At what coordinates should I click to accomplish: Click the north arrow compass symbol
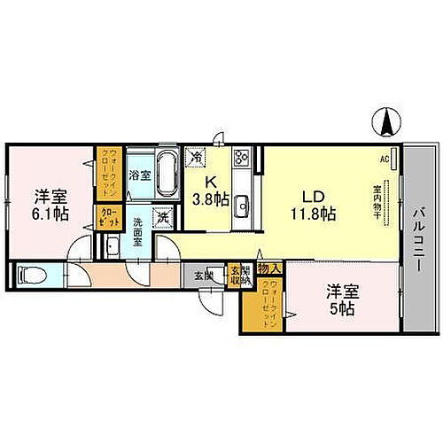387,121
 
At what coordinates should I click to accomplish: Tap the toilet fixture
26,276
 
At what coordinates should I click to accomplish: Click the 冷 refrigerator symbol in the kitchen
196,157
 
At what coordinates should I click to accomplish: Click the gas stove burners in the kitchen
242,159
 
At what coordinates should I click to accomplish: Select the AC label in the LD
385,159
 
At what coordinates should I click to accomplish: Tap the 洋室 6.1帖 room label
51,205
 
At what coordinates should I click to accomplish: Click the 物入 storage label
271,268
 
